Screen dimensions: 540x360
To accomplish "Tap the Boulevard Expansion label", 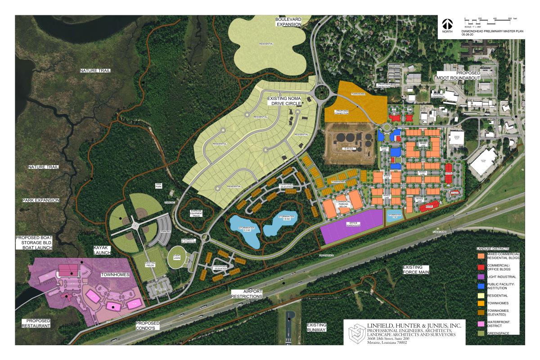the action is click(288, 21).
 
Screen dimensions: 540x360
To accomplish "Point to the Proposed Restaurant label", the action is click(36, 323).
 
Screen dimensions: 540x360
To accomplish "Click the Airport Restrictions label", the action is click(247, 294).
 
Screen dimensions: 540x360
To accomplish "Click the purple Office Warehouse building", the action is click(351, 224).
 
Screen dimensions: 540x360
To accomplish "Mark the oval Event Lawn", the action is click(177, 256).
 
